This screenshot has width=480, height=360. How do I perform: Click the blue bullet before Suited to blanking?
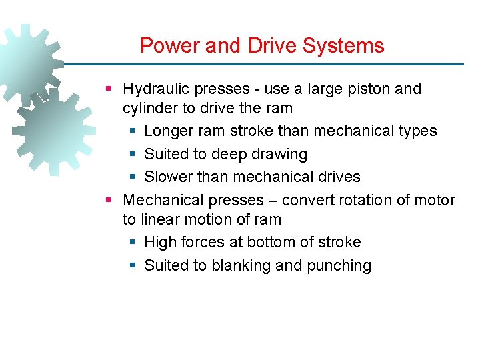coord(132,265)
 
